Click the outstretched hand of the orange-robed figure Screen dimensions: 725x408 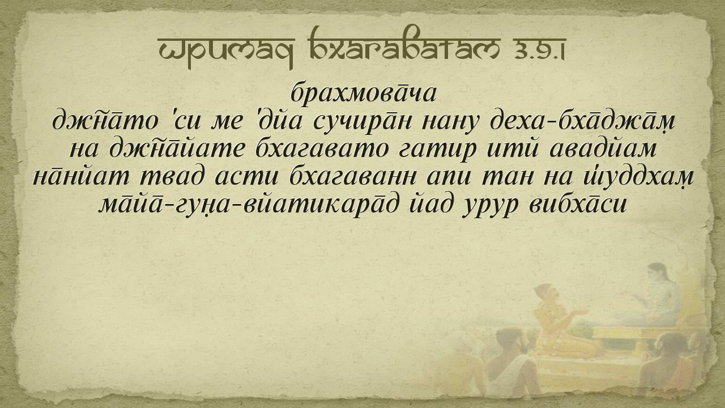[583, 312]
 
